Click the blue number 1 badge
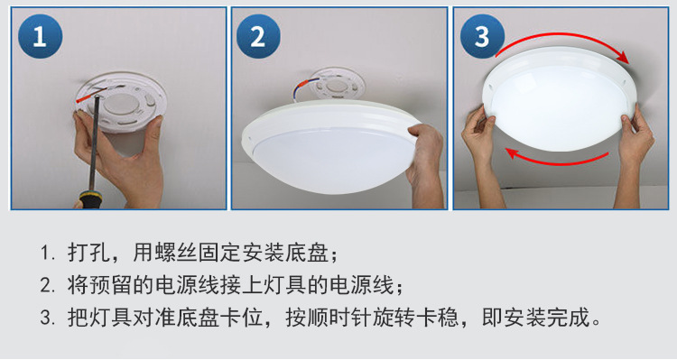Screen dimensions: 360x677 click(x=39, y=37)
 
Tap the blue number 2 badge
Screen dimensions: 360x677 click(x=258, y=37)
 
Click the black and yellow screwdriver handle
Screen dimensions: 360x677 click(x=89, y=199)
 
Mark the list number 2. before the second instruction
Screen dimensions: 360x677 click(x=47, y=286)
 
